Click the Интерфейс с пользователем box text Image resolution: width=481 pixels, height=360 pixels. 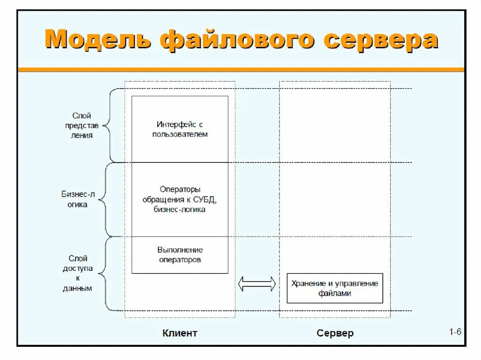point(180,129)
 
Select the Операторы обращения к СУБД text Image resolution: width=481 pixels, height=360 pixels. point(180,199)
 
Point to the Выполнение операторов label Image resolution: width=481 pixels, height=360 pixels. point(180,254)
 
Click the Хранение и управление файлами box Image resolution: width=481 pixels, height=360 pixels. point(334,288)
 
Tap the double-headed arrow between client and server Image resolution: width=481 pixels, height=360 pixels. point(256,283)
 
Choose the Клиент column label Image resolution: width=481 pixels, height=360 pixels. point(180,333)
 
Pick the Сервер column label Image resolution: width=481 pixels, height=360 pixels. point(335,333)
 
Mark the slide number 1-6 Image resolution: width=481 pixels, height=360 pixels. point(455,332)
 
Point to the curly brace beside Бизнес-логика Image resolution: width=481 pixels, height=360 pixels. point(108,199)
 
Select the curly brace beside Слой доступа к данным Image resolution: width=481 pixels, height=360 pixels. point(108,274)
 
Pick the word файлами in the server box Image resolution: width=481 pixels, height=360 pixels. point(334,293)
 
